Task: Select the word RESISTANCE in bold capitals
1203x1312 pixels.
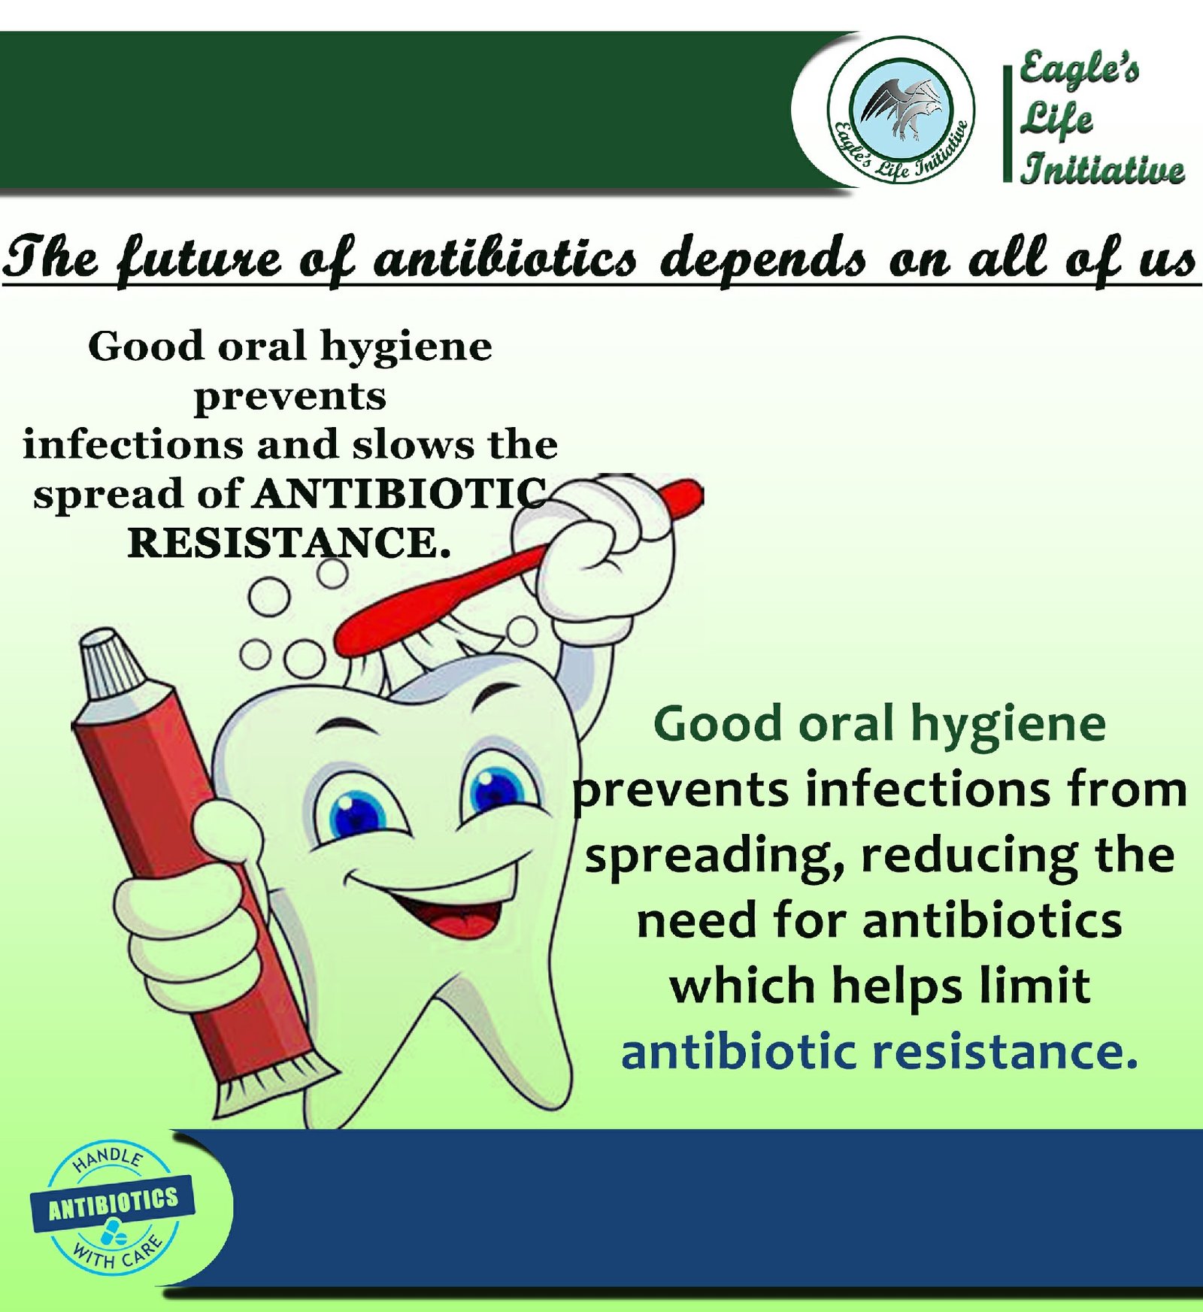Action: click(x=289, y=543)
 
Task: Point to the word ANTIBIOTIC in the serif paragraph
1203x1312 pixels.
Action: click(x=400, y=494)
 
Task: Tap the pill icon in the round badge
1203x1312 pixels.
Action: click(x=114, y=1234)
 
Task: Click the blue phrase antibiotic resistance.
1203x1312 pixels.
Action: click(x=879, y=1052)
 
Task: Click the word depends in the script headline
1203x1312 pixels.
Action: click(x=762, y=258)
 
